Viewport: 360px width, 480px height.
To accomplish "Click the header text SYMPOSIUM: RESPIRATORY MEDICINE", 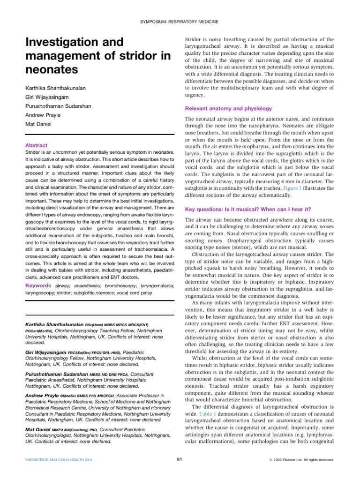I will [180, 22].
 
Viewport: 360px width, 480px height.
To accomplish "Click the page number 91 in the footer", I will [180, 460].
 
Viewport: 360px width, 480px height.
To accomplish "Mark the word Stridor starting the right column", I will [195, 39].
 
